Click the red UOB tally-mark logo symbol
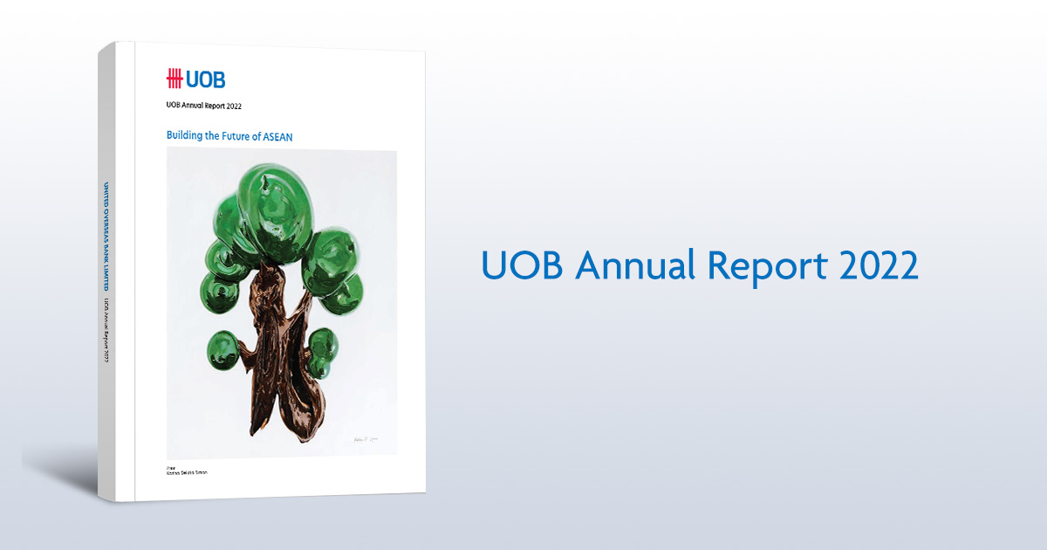[174, 79]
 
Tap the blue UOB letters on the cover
[206, 79]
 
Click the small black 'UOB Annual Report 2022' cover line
[203, 105]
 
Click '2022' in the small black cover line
[231, 105]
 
